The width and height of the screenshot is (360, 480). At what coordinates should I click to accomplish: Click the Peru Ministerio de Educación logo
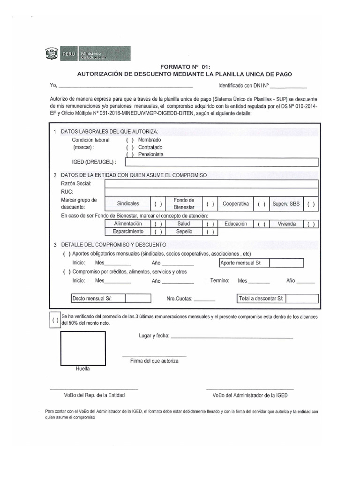[x=88, y=54]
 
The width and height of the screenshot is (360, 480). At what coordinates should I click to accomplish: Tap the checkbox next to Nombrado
[x=130, y=140]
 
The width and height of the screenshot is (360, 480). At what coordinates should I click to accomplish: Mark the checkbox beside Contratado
[x=130, y=147]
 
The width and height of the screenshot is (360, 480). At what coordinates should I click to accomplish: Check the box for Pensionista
[x=130, y=155]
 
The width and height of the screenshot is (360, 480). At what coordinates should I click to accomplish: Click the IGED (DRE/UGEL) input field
[x=222, y=162]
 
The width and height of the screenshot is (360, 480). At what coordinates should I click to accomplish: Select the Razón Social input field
[x=211, y=184]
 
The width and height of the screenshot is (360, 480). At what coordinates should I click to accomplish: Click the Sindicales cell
[x=128, y=204]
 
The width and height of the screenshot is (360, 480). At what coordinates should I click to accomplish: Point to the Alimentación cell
[x=128, y=224]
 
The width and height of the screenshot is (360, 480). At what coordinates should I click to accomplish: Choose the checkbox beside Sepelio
[x=210, y=232]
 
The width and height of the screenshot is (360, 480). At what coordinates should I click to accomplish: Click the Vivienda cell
[x=286, y=224]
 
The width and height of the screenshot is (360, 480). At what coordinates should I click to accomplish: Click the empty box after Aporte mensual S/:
[x=286, y=263]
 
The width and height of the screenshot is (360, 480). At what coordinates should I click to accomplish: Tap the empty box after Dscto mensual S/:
[x=138, y=299]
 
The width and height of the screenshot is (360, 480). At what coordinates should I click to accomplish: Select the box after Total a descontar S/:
[x=302, y=299]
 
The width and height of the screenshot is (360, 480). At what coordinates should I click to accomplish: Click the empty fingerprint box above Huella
[x=82, y=348]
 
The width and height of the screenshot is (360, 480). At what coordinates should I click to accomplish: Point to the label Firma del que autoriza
[x=154, y=361]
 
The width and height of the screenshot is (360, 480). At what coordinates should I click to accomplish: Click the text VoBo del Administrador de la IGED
[x=250, y=396]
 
